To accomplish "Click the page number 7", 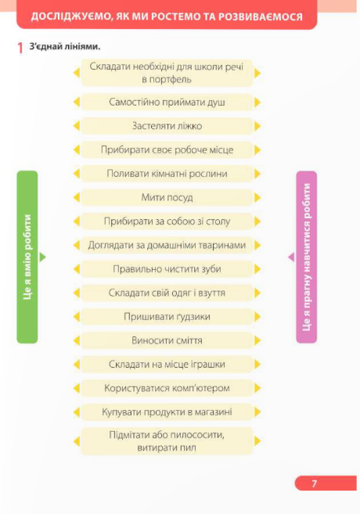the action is click(x=314, y=483).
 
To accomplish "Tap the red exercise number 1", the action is click(x=20, y=48).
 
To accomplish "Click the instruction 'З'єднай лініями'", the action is click(x=65, y=46).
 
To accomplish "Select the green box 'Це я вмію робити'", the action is click(x=27, y=257).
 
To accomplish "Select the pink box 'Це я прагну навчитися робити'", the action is click(x=307, y=257).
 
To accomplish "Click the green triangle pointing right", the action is click(x=42, y=257).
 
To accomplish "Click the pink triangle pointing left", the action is click(x=291, y=257).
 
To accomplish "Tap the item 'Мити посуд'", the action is click(x=167, y=197).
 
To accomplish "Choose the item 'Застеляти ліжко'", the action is click(x=167, y=126).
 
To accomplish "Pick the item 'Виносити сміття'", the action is click(x=167, y=340).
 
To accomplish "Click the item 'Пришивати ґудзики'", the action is click(x=167, y=317).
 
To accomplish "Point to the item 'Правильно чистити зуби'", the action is click(x=167, y=269).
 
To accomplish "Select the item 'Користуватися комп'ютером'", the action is click(x=167, y=388).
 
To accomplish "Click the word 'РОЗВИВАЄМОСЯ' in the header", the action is click(x=261, y=16).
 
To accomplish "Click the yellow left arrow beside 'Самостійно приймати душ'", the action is click(x=77, y=102).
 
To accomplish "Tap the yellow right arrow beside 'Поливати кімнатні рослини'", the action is click(x=257, y=174).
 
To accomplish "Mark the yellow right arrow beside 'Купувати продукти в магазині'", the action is click(x=257, y=412).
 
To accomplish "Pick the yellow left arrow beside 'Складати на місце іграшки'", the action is click(x=77, y=365).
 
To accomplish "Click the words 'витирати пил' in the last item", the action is click(x=167, y=448).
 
